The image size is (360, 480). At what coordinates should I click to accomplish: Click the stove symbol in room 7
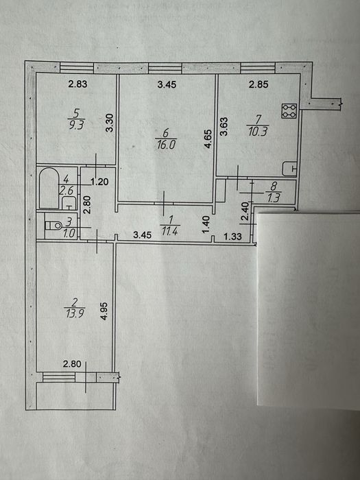pyautogui.click(x=289, y=111)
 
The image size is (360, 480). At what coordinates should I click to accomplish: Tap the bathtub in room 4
pyautogui.click(x=49, y=188)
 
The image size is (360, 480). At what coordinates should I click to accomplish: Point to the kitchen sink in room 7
pyautogui.click(x=289, y=169)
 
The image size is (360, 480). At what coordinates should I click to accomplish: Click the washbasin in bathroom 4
pyautogui.click(x=69, y=204)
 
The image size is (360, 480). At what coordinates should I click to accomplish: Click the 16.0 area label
pyautogui.click(x=166, y=144)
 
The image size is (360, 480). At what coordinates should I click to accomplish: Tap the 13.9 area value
pyautogui.click(x=75, y=313)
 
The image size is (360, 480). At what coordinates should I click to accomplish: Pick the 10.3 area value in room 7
pyautogui.click(x=258, y=132)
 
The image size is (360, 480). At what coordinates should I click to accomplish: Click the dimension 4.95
pyautogui.click(x=104, y=311)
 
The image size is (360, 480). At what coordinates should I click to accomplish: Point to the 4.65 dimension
pyautogui.click(x=208, y=139)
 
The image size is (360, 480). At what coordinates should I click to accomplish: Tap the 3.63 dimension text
pyautogui.click(x=224, y=127)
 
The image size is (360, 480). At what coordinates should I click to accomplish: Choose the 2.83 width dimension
pyautogui.click(x=77, y=84)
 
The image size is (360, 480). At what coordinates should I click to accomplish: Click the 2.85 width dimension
pyautogui.click(x=259, y=84)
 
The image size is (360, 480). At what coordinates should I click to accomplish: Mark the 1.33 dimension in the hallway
pyautogui.click(x=232, y=237)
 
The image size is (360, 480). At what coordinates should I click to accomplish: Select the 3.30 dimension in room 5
pyautogui.click(x=109, y=123)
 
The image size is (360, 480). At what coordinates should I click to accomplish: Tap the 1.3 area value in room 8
pyautogui.click(x=274, y=199)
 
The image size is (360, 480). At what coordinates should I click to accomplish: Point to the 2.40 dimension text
pyautogui.click(x=245, y=211)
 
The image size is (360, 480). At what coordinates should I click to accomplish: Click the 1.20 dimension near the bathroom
pyautogui.click(x=100, y=182)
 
